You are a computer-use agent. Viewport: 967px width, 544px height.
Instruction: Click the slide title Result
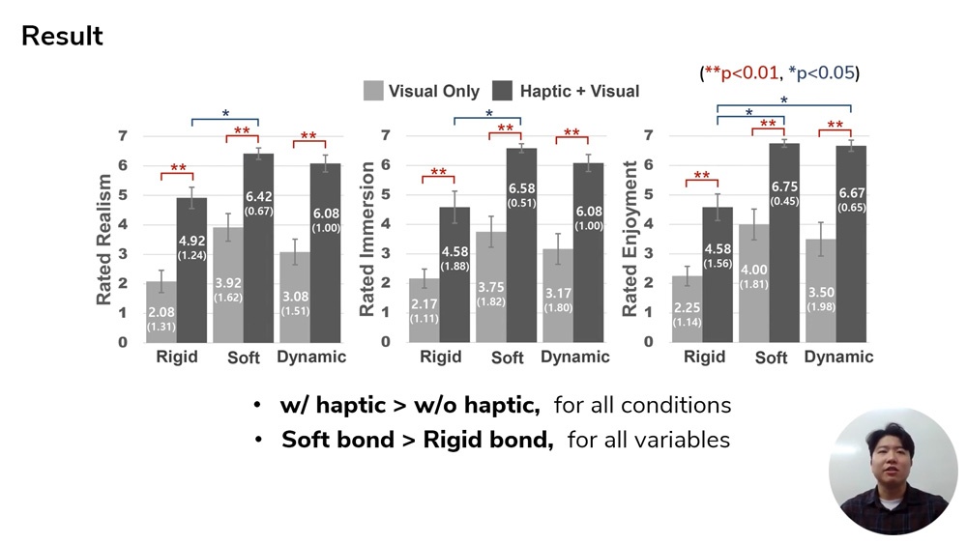point(62,37)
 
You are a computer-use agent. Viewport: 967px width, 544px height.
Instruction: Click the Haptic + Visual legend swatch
point(503,91)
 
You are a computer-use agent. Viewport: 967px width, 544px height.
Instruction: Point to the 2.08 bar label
point(161,310)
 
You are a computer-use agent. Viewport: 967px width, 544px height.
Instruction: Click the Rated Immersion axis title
point(367,240)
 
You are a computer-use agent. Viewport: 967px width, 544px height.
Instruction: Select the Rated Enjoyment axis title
point(630,240)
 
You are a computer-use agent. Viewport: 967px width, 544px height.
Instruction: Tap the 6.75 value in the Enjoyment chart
point(783,186)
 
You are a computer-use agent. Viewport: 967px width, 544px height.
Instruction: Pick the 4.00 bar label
point(753,271)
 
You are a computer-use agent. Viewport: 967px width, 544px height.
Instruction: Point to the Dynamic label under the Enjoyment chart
point(838,357)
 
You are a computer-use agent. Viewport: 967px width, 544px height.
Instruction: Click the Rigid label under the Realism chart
point(177,357)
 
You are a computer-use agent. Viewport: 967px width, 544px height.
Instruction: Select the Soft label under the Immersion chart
point(508,358)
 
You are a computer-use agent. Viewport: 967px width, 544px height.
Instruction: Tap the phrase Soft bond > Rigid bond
point(417,441)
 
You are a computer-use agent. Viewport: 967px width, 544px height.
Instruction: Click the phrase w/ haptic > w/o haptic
point(409,405)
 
